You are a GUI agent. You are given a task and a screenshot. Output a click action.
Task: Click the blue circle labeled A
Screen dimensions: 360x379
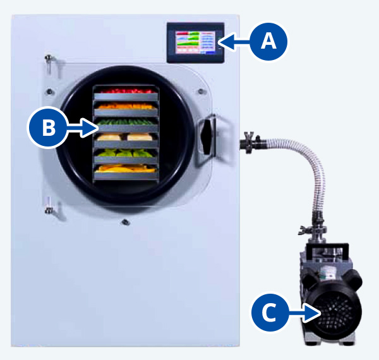tap(268, 42)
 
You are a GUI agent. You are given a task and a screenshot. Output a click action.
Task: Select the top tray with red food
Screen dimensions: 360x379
tap(125, 92)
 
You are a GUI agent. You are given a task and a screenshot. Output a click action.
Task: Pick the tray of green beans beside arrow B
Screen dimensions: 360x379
tap(125, 122)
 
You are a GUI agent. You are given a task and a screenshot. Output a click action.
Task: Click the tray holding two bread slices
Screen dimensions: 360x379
tap(125, 137)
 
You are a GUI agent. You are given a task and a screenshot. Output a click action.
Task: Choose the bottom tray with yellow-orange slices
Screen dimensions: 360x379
tap(125, 169)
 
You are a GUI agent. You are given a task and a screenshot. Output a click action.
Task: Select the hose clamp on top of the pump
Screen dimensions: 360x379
tap(318, 229)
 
